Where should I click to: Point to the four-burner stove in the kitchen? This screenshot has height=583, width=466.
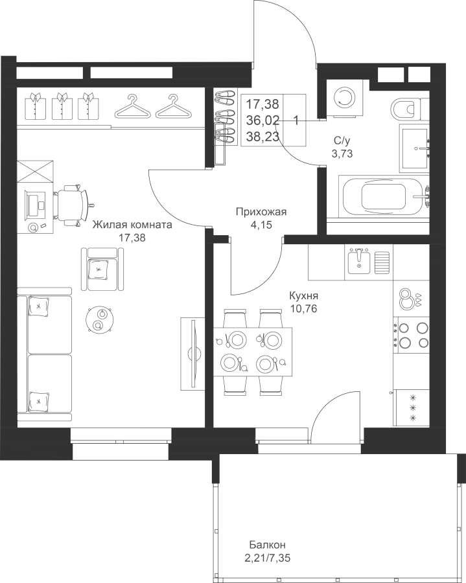[412, 334]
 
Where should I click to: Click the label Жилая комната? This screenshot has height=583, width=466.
[132, 225]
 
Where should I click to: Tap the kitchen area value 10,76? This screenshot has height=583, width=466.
[304, 308]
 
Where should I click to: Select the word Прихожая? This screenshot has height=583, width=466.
[261, 212]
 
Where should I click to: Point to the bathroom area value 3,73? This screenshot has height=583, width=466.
[342, 153]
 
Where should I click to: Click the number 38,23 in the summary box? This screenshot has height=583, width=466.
[262, 137]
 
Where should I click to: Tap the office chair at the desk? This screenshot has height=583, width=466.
[73, 204]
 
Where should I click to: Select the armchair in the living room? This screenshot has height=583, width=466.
[102, 269]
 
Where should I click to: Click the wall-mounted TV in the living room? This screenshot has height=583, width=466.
[192, 353]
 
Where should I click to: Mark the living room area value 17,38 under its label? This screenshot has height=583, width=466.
[132, 238]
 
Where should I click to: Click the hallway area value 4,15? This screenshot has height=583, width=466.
[262, 225]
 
